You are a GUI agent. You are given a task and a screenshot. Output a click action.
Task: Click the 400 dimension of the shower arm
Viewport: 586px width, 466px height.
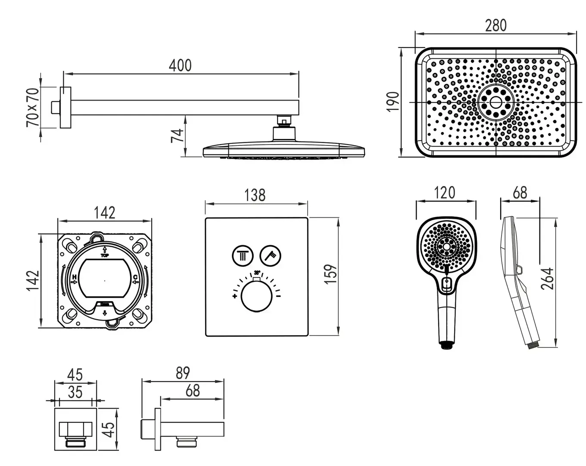tap(180, 66)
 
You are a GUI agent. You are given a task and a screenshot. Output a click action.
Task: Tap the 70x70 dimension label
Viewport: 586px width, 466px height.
tap(33, 107)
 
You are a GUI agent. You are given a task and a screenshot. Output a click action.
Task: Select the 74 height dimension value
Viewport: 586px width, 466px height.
tap(177, 136)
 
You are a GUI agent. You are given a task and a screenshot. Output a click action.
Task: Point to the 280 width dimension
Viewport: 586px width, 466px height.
tap(496, 25)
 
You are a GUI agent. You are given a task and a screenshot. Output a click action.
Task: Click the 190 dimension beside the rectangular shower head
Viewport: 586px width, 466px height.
tap(393, 102)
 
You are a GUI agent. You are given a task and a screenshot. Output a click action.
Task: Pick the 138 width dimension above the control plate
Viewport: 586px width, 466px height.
tap(255, 195)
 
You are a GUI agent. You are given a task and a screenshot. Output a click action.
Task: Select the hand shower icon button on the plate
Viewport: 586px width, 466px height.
tap(271, 255)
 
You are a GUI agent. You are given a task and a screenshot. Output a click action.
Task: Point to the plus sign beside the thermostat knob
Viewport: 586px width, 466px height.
tap(235, 296)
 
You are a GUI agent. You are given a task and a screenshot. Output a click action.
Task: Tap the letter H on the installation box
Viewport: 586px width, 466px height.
tap(74, 277)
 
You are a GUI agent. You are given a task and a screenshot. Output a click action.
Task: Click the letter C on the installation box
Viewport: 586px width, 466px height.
tap(135, 277)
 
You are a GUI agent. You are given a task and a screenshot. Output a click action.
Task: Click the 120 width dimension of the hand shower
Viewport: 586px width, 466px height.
tap(445, 192)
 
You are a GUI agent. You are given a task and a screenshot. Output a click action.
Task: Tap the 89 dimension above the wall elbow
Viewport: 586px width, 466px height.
tap(183, 373)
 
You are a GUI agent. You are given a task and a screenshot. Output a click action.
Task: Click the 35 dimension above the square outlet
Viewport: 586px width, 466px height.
tap(75, 392)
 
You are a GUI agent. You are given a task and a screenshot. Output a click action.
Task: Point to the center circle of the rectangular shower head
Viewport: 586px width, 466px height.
tap(496, 102)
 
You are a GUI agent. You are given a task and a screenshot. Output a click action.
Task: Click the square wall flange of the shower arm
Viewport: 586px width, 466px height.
tap(65, 107)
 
